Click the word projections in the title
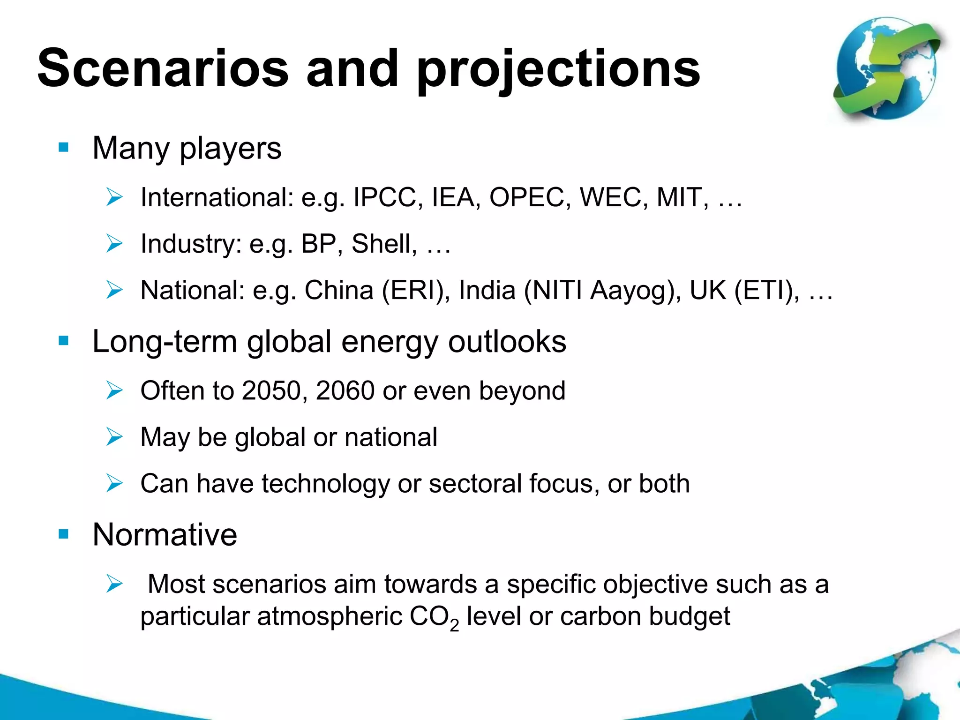point(558,70)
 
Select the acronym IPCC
point(385,197)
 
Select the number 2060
point(345,390)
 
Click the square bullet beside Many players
point(64,148)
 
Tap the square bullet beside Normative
point(64,534)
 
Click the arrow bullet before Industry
point(114,244)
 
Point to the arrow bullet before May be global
point(114,437)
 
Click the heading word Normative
point(165,534)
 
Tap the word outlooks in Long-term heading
point(507,341)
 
